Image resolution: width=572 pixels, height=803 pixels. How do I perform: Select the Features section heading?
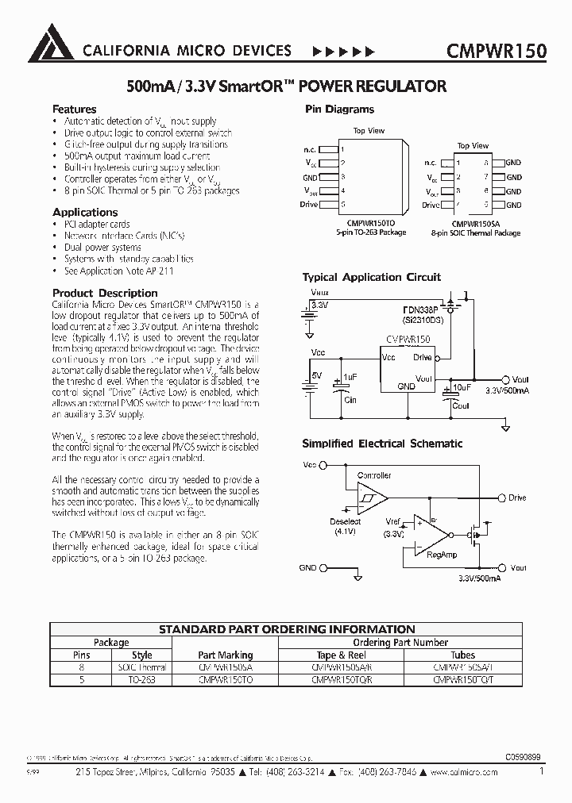(75, 109)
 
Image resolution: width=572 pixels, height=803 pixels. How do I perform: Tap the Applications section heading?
(85, 212)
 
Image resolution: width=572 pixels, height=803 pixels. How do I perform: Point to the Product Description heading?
(105, 293)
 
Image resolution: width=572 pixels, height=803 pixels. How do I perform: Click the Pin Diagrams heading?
(339, 109)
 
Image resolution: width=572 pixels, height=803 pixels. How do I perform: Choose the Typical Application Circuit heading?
(371, 277)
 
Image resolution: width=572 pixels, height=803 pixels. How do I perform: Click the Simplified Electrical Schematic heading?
(382, 444)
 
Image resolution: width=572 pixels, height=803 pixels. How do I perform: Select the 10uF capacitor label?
(461, 386)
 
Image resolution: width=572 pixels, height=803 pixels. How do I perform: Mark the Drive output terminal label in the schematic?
(517, 498)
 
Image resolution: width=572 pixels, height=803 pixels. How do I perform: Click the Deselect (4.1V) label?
(346, 527)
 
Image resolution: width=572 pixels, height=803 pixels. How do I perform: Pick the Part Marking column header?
(225, 655)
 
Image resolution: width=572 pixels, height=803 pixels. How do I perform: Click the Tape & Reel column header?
(342, 655)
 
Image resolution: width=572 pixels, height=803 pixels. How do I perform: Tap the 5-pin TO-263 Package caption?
(370, 232)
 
